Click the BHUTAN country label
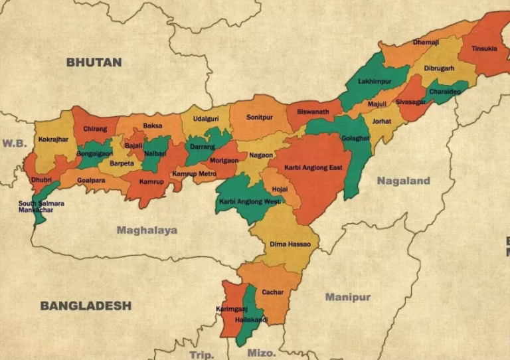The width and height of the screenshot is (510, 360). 94,62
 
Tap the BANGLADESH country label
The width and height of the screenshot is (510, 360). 86,306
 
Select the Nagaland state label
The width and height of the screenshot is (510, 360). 403,181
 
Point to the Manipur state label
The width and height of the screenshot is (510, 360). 347,297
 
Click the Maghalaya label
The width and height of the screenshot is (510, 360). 147,230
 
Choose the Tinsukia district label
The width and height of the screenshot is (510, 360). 483,48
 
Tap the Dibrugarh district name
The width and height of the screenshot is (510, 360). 440,68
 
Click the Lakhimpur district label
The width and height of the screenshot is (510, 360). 375,81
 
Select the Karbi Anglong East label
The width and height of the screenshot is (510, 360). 313,167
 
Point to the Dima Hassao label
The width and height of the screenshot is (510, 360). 290,244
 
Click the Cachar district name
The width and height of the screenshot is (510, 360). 272,292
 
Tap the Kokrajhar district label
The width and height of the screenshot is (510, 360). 53,139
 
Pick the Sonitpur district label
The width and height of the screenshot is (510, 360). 259,117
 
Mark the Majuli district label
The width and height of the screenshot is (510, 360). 377,104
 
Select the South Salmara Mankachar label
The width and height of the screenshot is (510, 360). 41,207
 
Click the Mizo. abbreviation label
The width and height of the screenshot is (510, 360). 261,353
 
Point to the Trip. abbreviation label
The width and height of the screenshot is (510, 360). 201,355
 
